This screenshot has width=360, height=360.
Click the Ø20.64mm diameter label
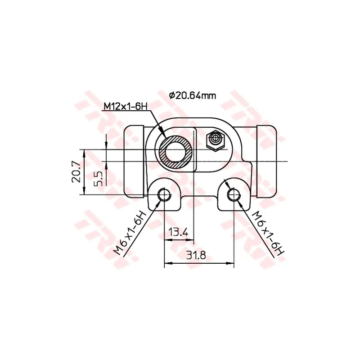tap(193, 95)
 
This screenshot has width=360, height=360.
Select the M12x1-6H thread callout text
tap(126, 107)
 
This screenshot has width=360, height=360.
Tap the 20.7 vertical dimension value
tap(76, 171)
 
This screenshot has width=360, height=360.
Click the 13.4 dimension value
tap(178, 232)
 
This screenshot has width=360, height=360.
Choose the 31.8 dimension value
tap(196, 255)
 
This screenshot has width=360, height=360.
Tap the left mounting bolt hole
tap(164, 195)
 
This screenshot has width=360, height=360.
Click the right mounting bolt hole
tap(234, 195)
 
